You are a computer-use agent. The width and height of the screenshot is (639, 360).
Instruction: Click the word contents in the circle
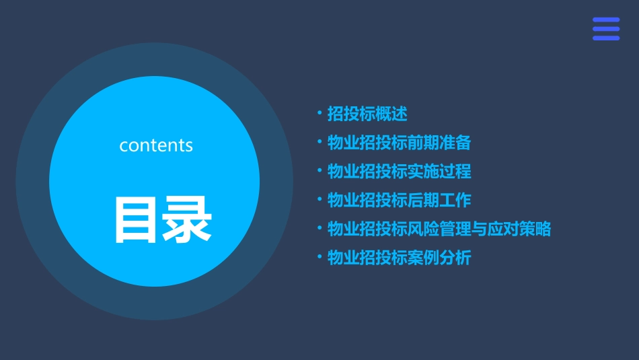156,145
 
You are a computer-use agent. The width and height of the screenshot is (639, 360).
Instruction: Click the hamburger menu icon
605,29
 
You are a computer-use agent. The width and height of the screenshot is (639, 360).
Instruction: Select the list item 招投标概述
367,114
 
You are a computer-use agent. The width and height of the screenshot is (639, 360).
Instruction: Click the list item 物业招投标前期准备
399,143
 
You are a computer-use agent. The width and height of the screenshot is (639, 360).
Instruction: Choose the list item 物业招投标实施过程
399,171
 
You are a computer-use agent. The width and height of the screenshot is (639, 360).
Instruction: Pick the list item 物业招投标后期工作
399,200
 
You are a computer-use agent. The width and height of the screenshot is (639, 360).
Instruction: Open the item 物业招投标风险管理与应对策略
439,229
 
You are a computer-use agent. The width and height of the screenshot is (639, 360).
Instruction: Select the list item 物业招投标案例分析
399,258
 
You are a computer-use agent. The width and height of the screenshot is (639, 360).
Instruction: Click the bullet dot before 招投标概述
319,113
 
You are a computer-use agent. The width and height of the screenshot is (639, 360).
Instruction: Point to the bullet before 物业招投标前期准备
319,142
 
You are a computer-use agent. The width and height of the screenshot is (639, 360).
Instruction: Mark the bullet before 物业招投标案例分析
319,257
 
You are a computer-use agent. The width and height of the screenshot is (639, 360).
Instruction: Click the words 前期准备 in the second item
439,143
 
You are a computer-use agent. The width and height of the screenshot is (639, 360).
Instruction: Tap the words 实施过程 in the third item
439,171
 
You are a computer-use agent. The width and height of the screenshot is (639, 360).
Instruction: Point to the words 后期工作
439,200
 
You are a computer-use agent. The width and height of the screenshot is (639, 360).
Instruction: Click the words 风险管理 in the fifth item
439,229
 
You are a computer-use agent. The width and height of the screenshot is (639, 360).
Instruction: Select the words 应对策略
520,229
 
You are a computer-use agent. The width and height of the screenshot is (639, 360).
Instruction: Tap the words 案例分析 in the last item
439,258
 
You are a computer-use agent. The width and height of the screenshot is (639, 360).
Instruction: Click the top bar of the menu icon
605,20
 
